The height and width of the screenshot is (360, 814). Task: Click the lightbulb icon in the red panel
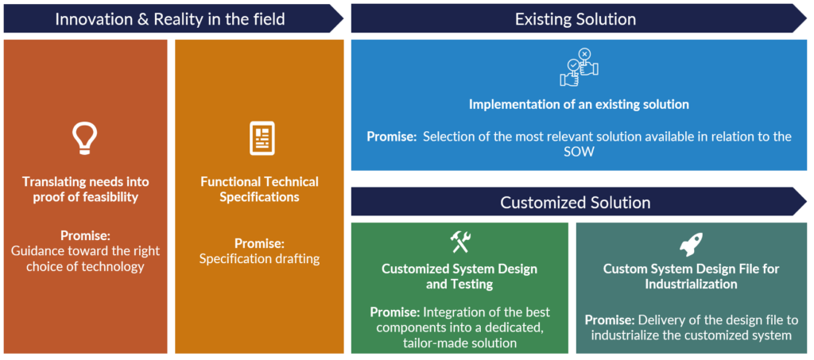coord(85,137)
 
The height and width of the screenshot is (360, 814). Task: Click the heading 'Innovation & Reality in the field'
coord(170,18)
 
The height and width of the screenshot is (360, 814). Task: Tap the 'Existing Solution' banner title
coord(576,18)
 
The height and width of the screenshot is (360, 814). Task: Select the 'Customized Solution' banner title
coord(576,202)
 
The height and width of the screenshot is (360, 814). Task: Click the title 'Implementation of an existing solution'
coord(579,104)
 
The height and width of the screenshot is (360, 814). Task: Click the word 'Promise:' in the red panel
coord(85,234)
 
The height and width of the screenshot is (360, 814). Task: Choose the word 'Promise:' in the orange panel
coord(259,242)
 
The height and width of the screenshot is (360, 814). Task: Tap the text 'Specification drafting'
coord(259,258)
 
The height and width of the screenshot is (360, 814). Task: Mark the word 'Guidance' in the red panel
coord(37,250)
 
